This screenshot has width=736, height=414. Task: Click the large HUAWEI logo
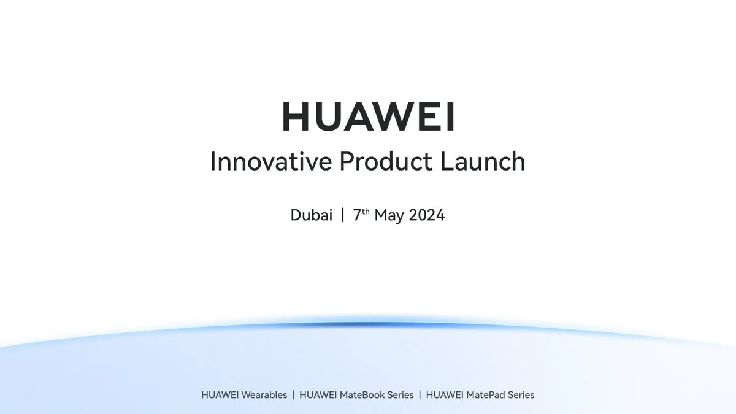tap(368, 117)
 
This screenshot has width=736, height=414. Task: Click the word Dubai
tap(312, 216)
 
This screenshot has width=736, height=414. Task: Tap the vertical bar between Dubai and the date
tap(342, 216)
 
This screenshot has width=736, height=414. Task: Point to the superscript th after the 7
tap(364, 212)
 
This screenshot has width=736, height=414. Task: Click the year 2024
tap(426, 216)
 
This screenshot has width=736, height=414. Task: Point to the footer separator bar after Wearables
tap(293, 395)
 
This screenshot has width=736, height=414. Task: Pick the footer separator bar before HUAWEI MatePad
tap(420, 395)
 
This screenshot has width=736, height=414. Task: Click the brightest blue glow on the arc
tap(368, 323)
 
